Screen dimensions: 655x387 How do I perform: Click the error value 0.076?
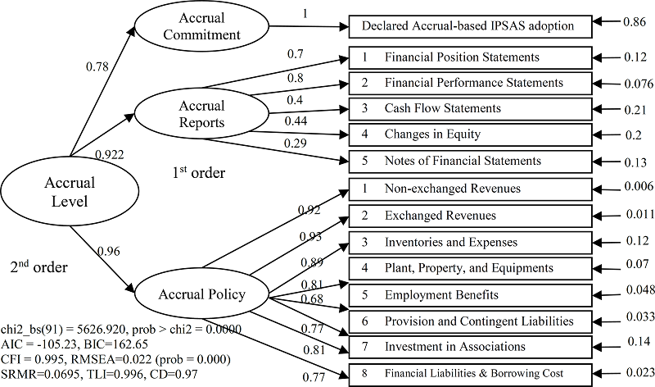coord(635,84)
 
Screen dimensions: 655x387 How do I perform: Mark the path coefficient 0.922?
coord(110,154)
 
